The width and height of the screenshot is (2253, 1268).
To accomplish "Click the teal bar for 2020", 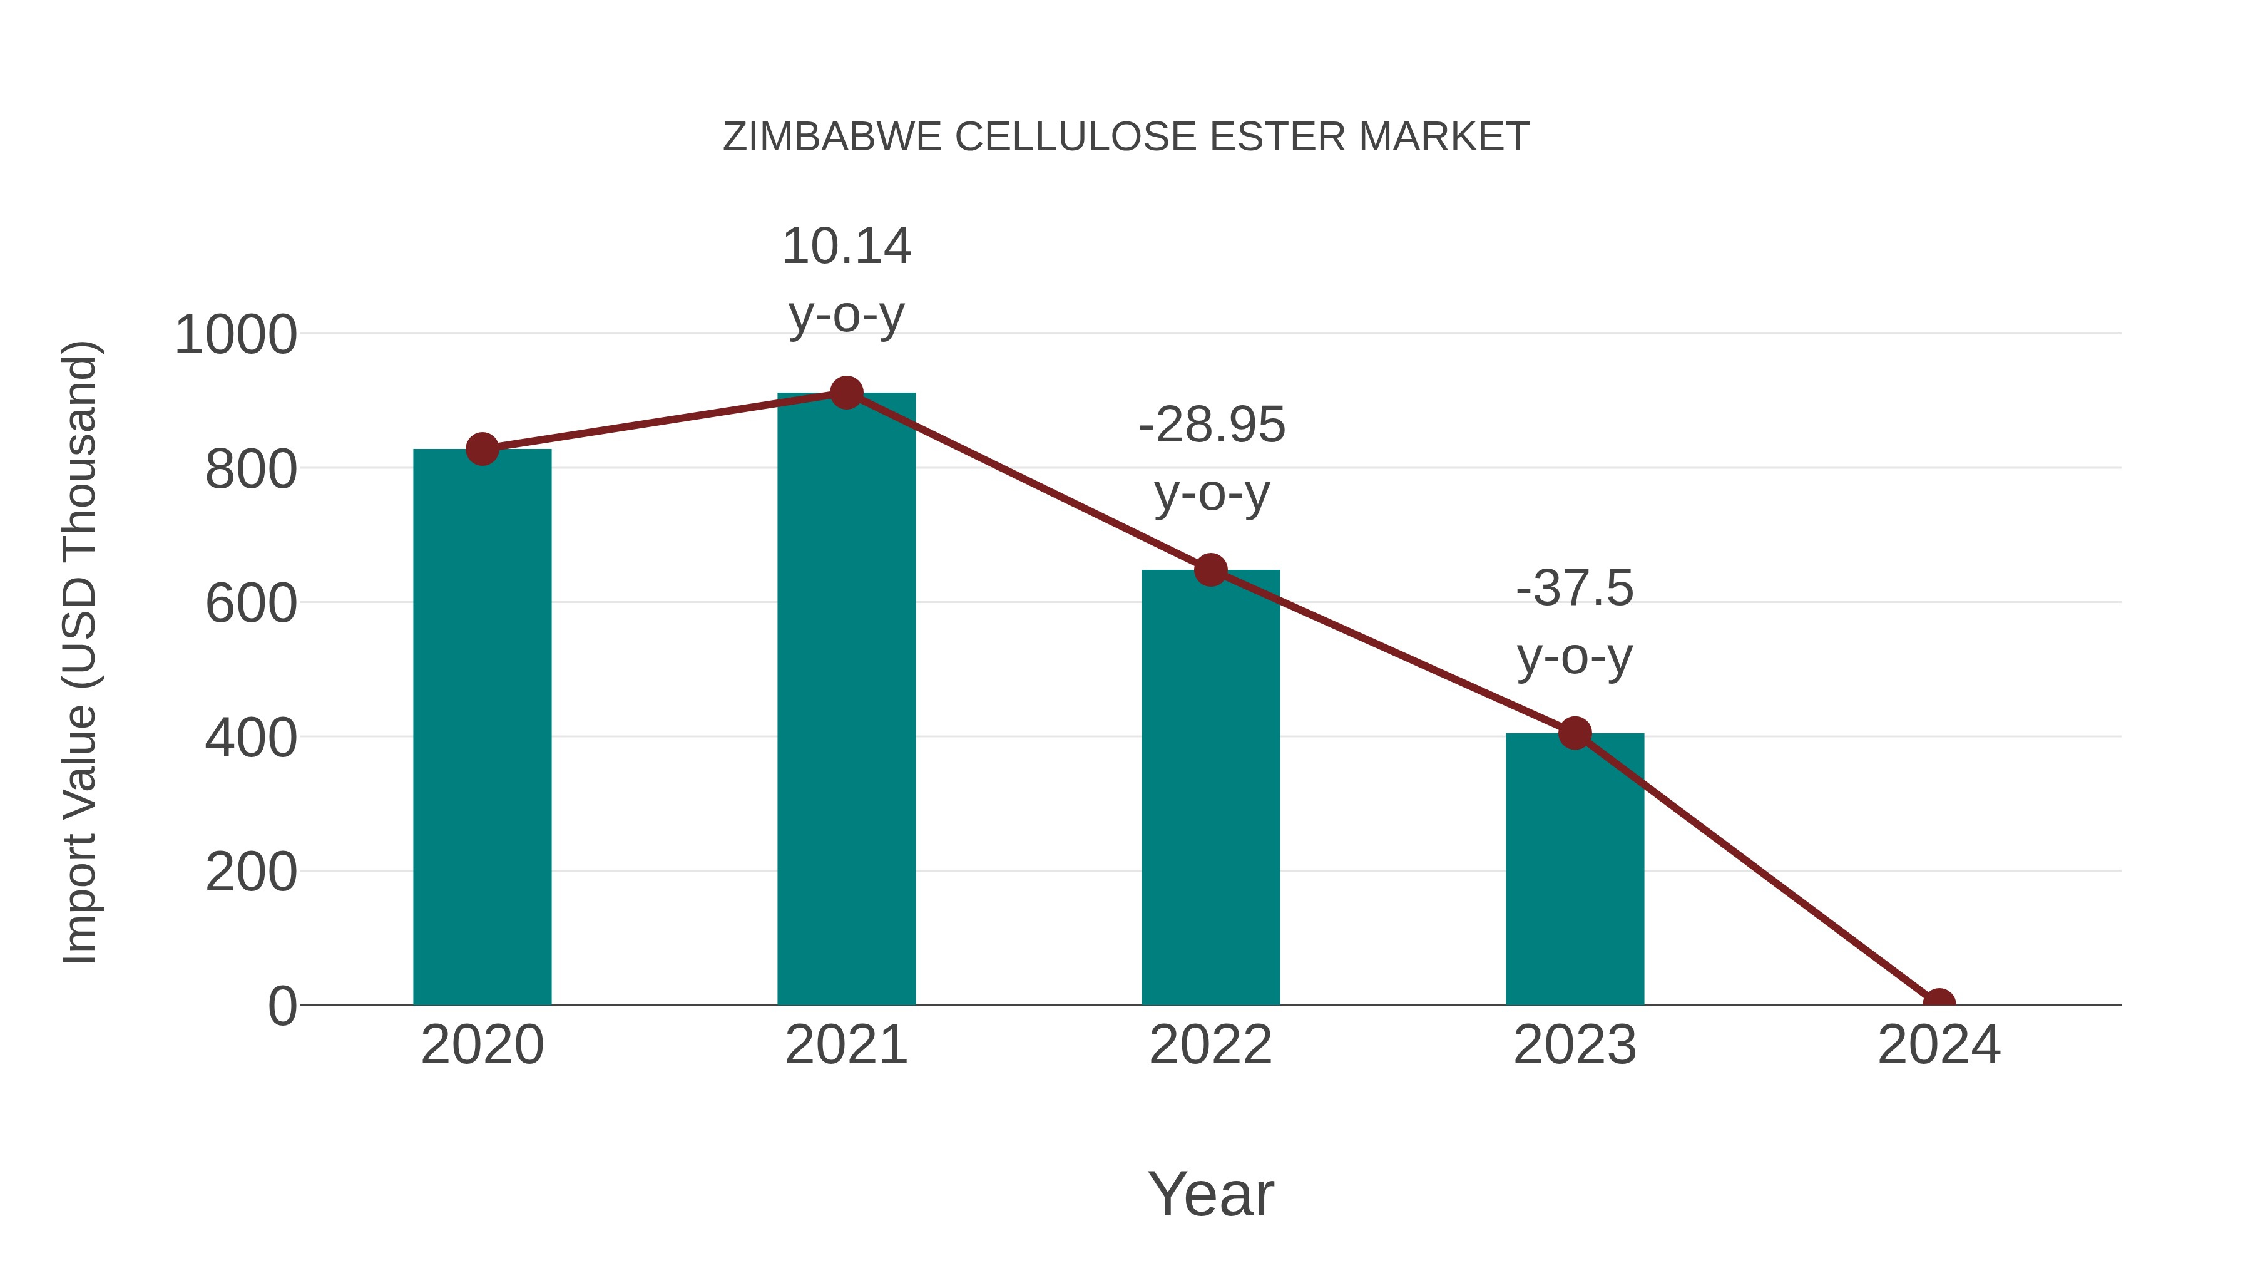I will pos(482,726).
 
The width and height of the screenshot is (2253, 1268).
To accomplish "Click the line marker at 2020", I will pos(482,449).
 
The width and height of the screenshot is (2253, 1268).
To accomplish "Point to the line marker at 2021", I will pos(846,393).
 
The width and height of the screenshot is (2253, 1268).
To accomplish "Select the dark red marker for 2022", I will pos(1210,570).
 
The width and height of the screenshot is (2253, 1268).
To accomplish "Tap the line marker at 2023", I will pos(1575,733).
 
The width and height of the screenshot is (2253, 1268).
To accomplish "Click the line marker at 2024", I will pos(1938,1003).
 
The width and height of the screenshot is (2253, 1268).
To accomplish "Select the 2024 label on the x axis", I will pos(1938,1045).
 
